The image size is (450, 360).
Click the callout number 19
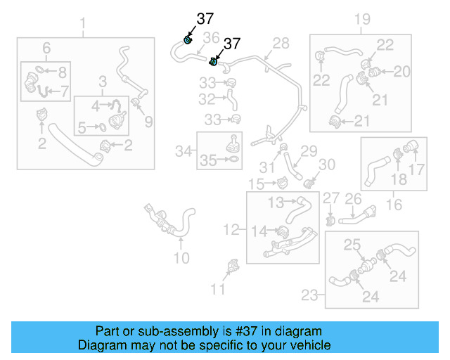point(361,19)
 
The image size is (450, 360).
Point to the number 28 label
point(281,44)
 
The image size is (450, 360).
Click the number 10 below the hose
point(181,257)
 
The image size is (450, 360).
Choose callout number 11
point(219,288)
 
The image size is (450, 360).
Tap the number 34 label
point(184,150)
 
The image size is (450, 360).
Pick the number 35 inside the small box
point(208,160)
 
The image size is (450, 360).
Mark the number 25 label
point(352,245)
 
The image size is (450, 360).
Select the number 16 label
point(394,205)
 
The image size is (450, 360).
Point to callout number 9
point(148,122)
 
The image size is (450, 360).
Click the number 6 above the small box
point(46,48)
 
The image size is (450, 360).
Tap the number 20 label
point(401,71)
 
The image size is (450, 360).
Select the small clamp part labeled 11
point(233,268)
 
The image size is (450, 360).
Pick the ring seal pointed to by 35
point(233,160)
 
